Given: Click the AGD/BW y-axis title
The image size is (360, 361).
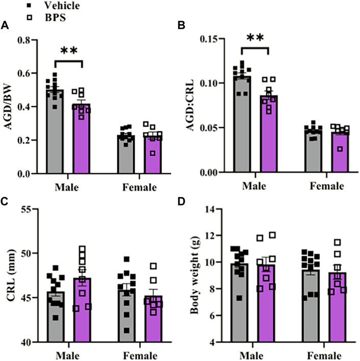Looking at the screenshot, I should (x=9, y=107).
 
